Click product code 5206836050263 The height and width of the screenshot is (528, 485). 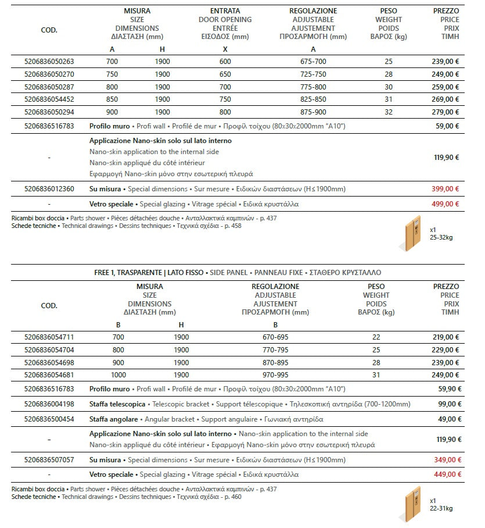click(x=49, y=61)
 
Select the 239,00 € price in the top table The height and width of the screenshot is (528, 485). click(x=446, y=61)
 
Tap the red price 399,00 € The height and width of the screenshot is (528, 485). click(x=446, y=189)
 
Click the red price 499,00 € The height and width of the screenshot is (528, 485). click(x=446, y=204)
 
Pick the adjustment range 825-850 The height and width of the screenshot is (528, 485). click(x=313, y=99)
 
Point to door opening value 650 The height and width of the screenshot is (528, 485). click(x=225, y=74)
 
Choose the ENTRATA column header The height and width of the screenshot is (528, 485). click(x=225, y=11)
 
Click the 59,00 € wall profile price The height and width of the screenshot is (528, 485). click(x=447, y=125)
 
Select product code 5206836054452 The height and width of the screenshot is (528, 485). click(x=49, y=99)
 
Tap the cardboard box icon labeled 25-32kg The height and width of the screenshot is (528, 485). click(x=411, y=233)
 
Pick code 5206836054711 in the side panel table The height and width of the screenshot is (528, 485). click(x=49, y=337)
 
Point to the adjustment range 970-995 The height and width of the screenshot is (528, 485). click(x=275, y=375)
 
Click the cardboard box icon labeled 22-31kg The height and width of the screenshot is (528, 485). click(x=411, y=504)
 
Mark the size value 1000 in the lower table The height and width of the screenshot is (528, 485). click(x=118, y=375)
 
